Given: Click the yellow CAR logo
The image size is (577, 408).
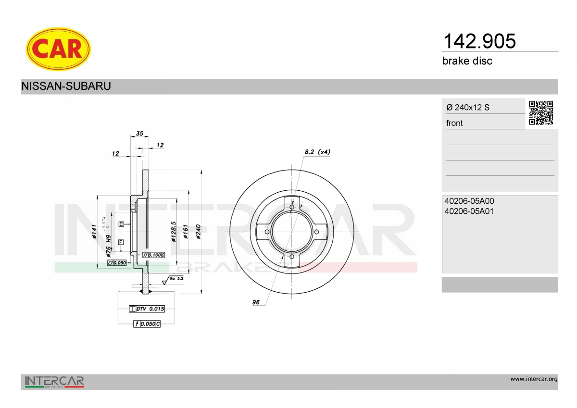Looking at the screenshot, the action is tap(58, 49).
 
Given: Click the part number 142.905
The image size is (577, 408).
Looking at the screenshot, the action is tap(479, 41).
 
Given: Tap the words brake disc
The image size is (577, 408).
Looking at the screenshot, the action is tap(467, 61).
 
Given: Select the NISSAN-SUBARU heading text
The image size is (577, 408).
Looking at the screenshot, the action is tap(66, 86).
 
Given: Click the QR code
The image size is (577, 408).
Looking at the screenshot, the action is tap(541, 113).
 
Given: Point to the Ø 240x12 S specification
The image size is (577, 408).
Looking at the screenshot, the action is tap(468, 107).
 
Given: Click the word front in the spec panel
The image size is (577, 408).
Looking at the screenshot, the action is tap(454, 123).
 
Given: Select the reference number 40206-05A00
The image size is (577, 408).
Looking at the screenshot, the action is tap(469, 201).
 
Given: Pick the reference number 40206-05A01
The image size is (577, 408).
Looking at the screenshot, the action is tap(469, 211).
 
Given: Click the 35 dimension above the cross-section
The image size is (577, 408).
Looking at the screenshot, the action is tap(139, 133).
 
